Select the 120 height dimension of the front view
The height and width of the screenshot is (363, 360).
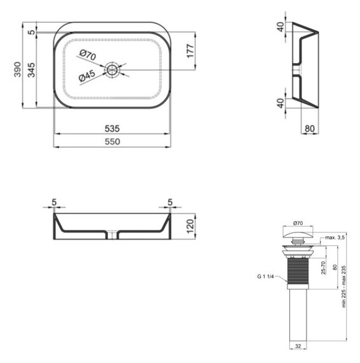pos(190,226)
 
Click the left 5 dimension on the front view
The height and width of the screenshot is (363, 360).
pos(55,203)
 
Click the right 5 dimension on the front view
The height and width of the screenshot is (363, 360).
pos(170,203)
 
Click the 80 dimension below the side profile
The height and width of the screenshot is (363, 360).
pos(310,128)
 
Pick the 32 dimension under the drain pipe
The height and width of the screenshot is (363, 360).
pos(297,346)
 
